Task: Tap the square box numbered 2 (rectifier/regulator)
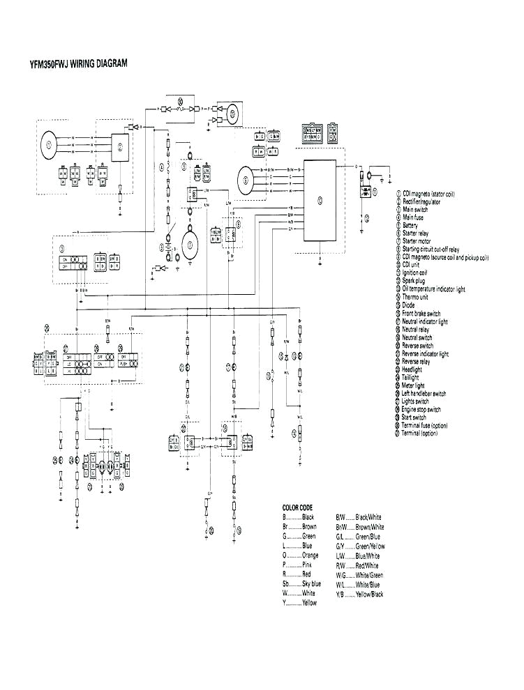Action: (120, 147)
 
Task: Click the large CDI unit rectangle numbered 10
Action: (319, 200)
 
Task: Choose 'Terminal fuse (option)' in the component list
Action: (429, 425)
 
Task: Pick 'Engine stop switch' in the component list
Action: (422, 410)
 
